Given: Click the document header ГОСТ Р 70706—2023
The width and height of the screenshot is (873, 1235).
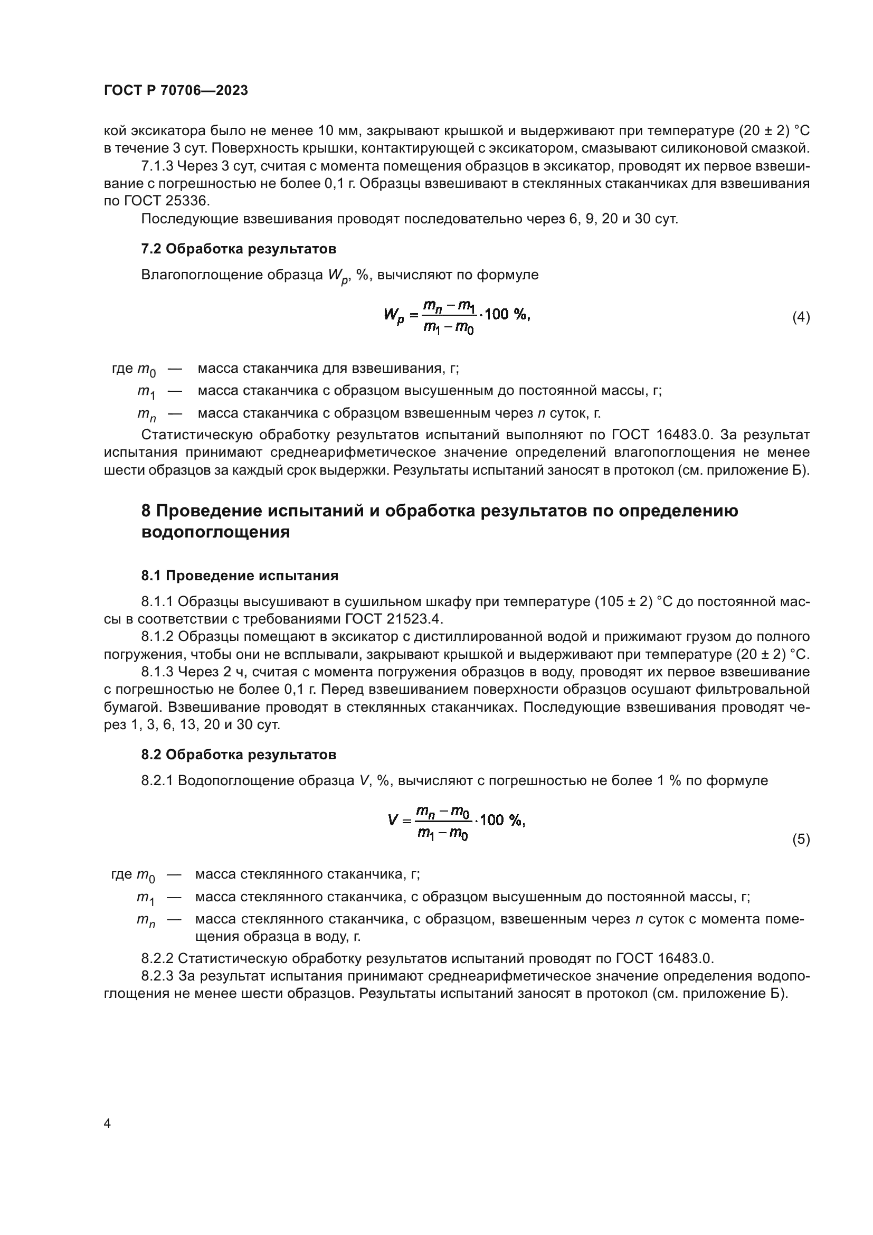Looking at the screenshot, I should point(176,90).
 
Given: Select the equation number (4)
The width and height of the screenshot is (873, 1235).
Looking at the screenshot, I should point(801,317).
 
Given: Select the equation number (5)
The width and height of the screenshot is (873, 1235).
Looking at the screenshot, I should point(801,838).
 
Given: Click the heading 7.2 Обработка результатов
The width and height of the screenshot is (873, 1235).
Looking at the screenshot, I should point(239,249).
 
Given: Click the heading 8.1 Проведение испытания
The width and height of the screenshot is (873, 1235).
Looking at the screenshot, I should point(240,576).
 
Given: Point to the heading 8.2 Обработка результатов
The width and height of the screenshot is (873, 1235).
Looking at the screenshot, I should point(239,755).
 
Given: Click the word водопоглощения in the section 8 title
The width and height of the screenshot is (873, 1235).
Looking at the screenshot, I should point(215,532).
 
